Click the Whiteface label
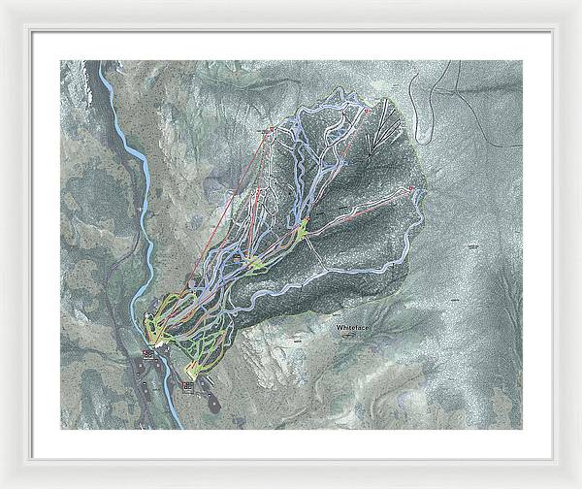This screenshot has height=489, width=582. point(354,329)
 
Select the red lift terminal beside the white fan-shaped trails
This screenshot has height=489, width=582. point(368,112)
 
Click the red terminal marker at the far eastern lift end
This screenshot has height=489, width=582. point(410,187)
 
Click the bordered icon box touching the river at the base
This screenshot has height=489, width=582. point(148,354)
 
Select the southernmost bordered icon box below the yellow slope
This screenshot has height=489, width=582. point(187,385)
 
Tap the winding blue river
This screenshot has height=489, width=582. point(144,194)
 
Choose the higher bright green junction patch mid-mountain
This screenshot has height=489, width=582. point(302,230)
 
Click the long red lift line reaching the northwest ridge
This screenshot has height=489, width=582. point(233,209)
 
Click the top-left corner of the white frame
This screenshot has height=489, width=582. point(3,3)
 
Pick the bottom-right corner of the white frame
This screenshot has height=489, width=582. point(578,485)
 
